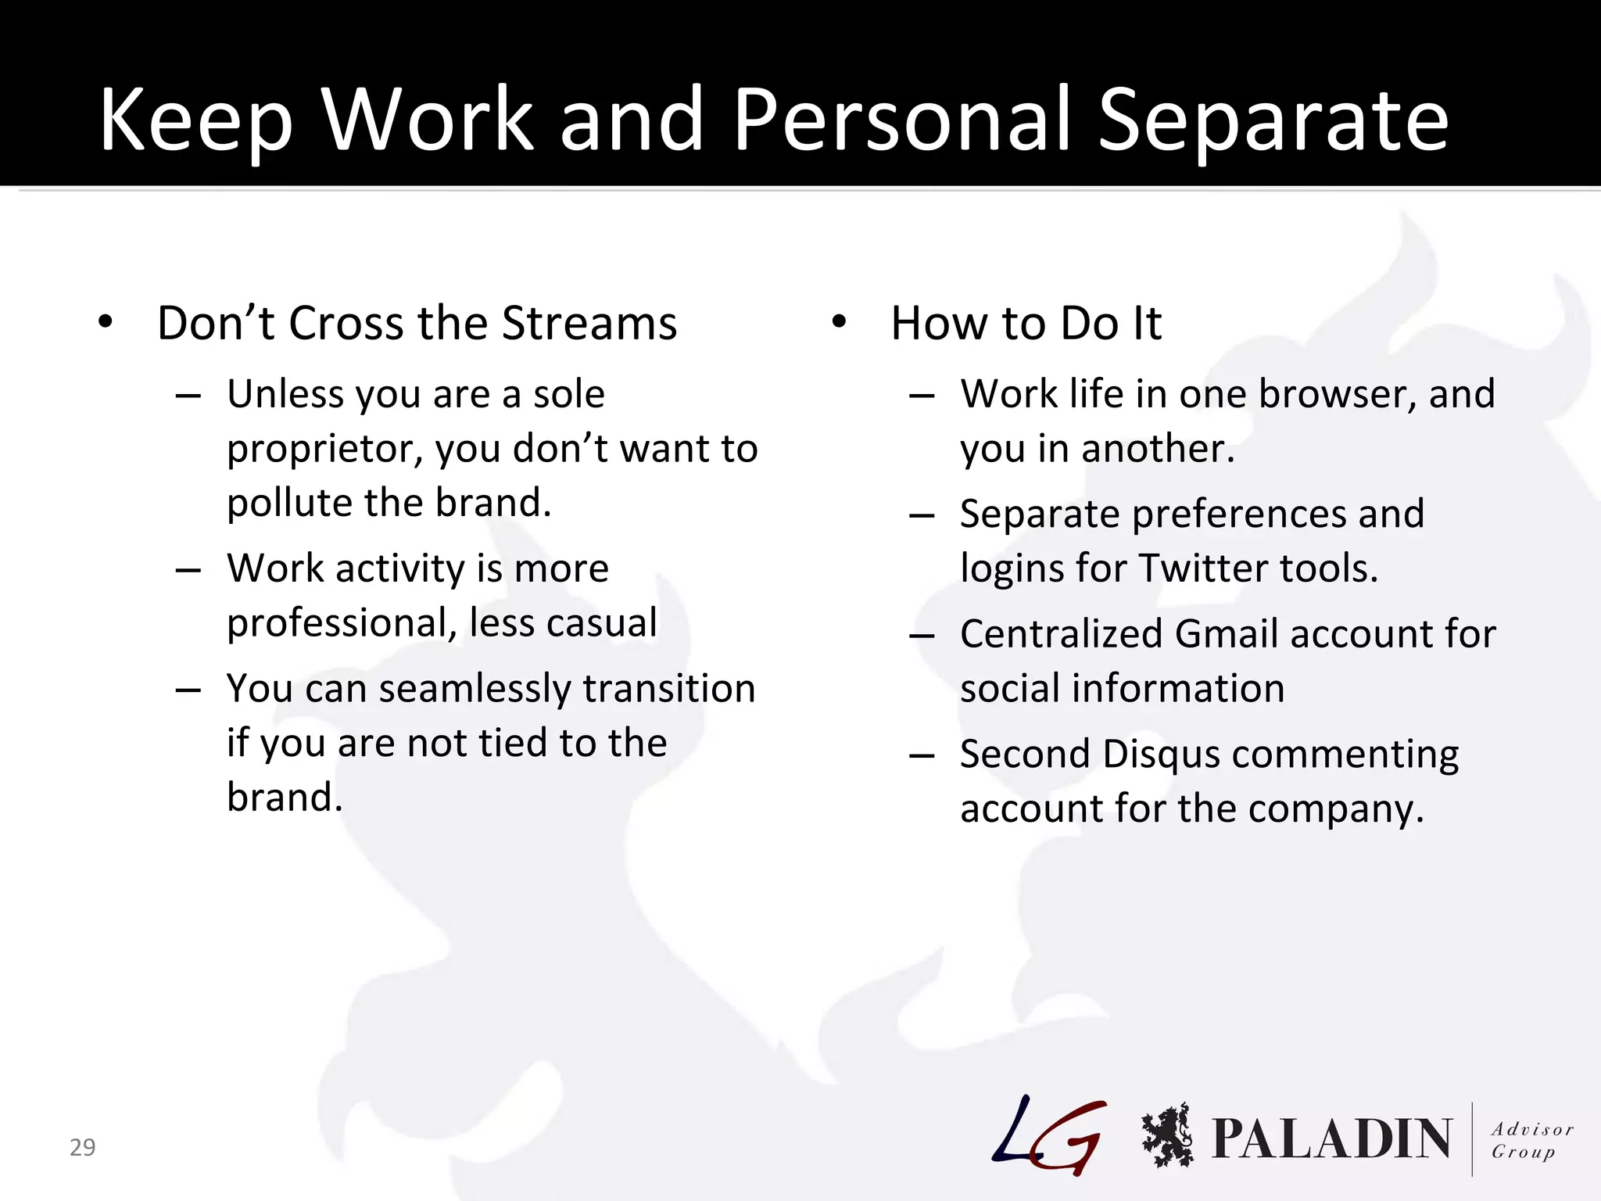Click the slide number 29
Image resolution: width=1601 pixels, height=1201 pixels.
[x=82, y=1147]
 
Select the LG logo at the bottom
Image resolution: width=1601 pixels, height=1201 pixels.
[x=1049, y=1136]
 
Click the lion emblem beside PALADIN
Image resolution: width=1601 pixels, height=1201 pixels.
[x=1167, y=1136]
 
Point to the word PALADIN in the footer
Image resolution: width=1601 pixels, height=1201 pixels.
[x=1331, y=1138]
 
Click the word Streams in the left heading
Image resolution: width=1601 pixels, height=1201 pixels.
[x=589, y=323]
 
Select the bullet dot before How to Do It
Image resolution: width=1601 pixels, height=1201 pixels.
[x=839, y=322]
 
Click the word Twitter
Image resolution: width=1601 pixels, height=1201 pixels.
[x=1200, y=568]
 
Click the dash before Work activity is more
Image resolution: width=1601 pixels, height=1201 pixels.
[x=188, y=570]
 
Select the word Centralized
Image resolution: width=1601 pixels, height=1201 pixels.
[x=1061, y=634]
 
